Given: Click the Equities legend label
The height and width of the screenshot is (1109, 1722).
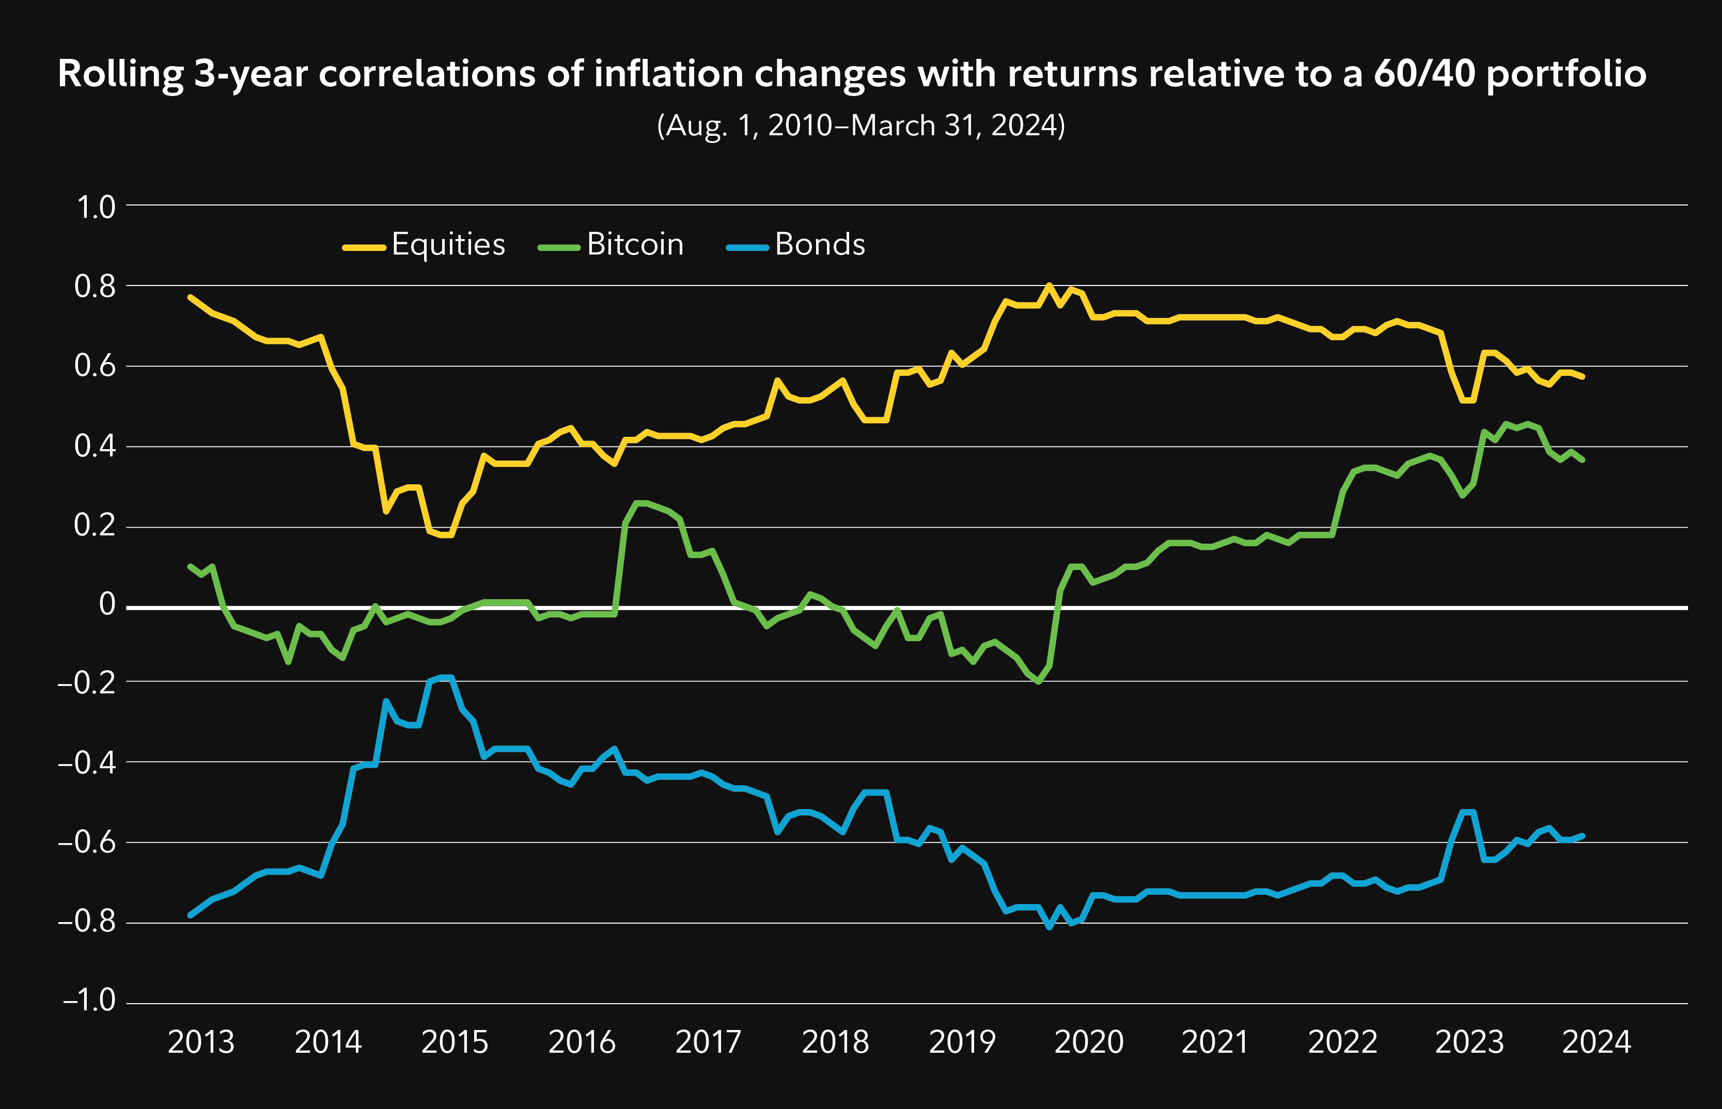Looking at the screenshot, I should [448, 245].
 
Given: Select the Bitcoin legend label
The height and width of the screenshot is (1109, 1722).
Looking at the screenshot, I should [634, 245].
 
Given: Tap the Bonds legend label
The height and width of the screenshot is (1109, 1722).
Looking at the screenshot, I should [820, 245].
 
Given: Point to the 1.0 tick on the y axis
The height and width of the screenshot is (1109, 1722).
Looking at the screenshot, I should [96, 208].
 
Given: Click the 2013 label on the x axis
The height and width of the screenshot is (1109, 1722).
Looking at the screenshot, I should [201, 1042].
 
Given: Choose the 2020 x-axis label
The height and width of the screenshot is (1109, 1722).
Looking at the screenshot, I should [1089, 1042].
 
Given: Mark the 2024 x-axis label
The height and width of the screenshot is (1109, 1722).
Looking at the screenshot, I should [1596, 1042].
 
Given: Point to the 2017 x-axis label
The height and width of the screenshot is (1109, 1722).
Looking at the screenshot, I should [708, 1042].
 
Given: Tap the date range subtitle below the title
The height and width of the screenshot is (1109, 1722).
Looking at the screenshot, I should [860, 126].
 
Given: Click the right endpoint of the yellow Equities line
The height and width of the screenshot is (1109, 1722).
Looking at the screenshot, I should [1582, 376].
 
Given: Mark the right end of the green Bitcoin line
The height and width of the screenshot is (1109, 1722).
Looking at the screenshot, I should [1582, 460].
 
